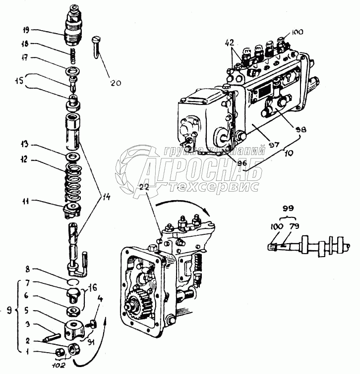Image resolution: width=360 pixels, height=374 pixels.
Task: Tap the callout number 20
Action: [116, 83]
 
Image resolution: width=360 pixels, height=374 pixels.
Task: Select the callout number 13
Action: [37, 146]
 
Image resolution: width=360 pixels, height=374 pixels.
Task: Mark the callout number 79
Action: [294, 226]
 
